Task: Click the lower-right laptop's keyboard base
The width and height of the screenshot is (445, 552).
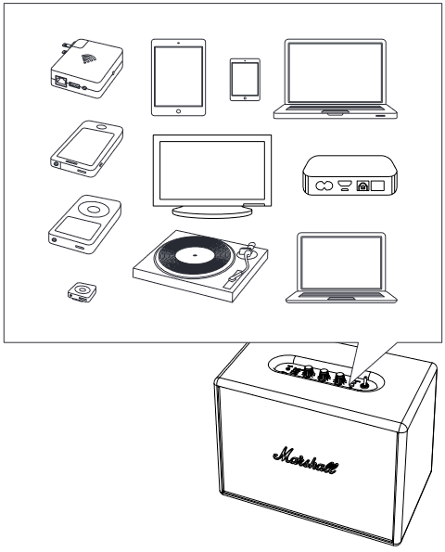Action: [340, 296]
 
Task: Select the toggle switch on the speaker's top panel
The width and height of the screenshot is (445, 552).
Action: [364, 379]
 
